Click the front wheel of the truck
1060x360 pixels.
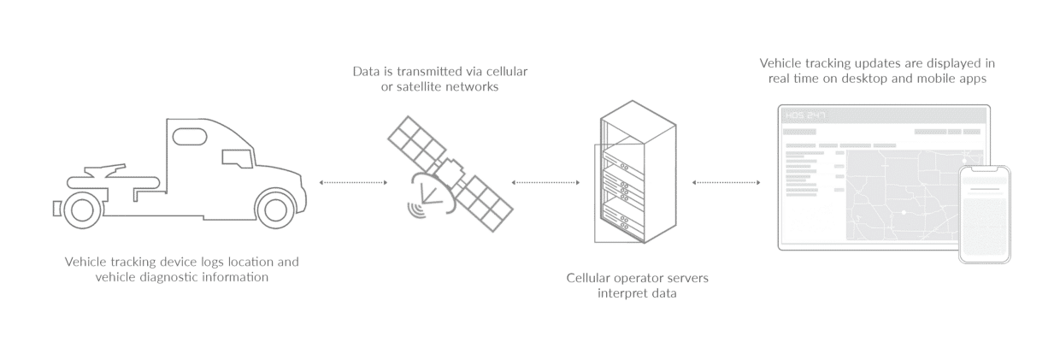click(276, 208)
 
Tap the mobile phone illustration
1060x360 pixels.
click(985, 214)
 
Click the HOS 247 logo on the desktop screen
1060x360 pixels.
click(803, 115)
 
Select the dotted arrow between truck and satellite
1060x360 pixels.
click(352, 182)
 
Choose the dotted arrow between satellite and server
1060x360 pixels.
click(545, 182)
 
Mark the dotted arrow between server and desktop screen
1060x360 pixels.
click(727, 182)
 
